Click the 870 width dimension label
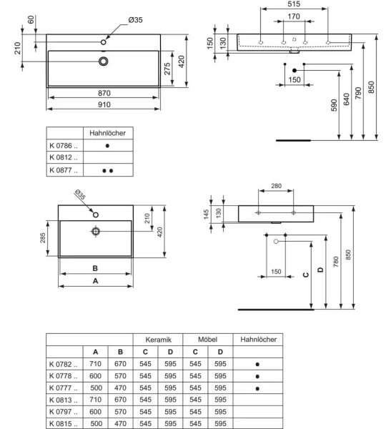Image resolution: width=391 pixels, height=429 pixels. (x=104, y=93)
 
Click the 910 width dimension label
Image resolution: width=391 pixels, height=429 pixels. (x=104, y=104)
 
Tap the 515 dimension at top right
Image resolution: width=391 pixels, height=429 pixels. (x=294, y=4)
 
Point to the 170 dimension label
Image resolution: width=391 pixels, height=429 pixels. (x=294, y=16)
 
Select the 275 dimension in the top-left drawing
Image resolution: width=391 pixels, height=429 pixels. (x=167, y=69)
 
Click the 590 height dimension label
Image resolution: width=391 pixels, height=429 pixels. (x=334, y=105)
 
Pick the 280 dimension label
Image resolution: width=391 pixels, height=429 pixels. (x=276, y=186)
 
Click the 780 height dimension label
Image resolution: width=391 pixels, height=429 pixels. (x=336, y=262)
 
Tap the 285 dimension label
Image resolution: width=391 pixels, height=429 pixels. (x=43, y=238)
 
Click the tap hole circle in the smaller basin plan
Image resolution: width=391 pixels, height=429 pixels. (x=96, y=215)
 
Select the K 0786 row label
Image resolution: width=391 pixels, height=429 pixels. (x=63, y=146)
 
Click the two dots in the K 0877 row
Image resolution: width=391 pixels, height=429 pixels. (x=107, y=171)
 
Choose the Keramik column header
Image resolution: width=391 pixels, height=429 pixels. (x=158, y=340)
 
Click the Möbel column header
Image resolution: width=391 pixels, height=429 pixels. (x=207, y=340)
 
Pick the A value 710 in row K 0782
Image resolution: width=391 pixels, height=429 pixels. (x=95, y=364)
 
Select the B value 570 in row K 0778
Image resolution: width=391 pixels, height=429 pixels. (x=120, y=376)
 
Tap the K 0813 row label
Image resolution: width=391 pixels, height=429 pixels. (x=63, y=400)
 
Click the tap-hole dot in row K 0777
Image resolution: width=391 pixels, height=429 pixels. (x=257, y=388)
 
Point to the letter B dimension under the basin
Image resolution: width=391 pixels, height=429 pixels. (x=95, y=268)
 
